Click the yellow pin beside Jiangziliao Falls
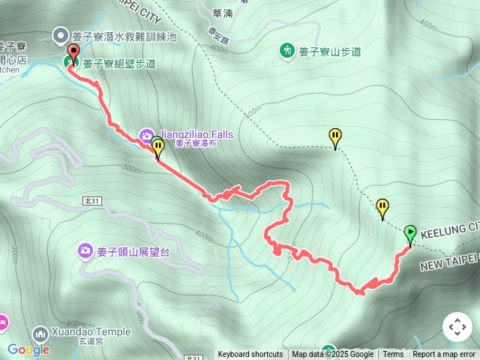158,147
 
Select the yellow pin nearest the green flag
383,207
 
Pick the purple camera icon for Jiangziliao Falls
145,134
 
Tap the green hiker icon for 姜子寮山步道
286,51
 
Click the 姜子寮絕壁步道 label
119,64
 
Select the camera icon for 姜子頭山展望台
85,251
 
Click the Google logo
28,349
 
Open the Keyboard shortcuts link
250,355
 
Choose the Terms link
393,355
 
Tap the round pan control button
457,327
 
